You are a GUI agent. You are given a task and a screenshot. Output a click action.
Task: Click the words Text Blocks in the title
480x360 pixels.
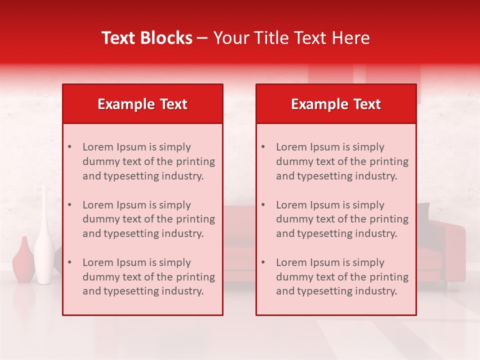[x=146, y=38]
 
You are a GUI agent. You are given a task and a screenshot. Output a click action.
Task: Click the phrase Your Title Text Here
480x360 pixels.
[x=291, y=38]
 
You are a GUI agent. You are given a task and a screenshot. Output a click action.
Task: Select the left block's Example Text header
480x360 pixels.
[x=142, y=104]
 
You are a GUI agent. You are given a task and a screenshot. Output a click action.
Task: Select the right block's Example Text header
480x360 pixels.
[x=336, y=104]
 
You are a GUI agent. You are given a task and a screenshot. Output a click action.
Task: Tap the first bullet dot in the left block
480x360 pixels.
[x=69, y=147]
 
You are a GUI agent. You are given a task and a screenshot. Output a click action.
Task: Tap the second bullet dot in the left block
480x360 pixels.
[x=69, y=205]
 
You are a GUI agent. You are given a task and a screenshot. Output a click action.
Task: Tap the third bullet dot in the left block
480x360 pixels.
[x=69, y=262]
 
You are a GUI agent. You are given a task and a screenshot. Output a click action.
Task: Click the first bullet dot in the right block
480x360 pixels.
[x=263, y=147]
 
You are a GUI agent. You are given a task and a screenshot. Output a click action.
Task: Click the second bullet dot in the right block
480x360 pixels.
[x=263, y=205]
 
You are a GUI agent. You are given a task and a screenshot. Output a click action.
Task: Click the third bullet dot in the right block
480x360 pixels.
[x=263, y=262]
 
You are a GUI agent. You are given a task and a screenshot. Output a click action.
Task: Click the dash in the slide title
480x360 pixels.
[x=202, y=38]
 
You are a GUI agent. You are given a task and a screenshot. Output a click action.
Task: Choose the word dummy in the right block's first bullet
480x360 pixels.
[x=293, y=161]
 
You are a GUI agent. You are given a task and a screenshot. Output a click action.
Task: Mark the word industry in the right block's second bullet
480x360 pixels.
[x=377, y=233]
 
